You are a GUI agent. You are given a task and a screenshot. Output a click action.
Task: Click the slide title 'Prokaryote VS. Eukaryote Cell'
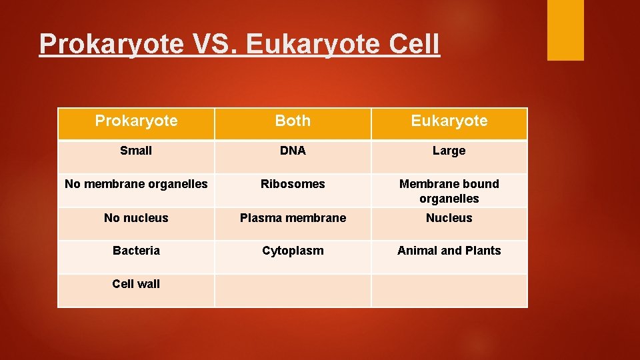(x=239, y=44)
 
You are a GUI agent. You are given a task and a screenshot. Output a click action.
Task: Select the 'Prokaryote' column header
(x=136, y=121)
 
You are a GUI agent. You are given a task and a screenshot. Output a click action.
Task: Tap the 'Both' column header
(x=293, y=121)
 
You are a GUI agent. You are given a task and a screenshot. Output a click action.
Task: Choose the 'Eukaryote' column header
(x=449, y=121)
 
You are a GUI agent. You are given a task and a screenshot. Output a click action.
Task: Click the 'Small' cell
(x=136, y=151)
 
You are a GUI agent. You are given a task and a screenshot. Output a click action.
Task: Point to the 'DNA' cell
(x=293, y=151)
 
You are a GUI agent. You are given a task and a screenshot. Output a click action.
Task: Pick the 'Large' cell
(x=449, y=151)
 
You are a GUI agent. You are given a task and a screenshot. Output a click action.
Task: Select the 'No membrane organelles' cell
(x=136, y=184)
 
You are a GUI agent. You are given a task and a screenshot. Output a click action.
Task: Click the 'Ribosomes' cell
(x=293, y=184)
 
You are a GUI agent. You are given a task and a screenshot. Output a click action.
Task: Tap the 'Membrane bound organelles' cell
(x=449, y=191)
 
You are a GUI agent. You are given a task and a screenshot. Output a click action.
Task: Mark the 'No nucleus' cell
(x=136, y=218)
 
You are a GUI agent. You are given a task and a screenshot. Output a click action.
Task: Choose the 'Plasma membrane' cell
(x=293, y=218)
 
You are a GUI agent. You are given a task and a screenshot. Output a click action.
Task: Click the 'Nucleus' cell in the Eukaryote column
(x=449, y=218)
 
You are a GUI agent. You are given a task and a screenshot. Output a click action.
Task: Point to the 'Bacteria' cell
(x=136, y=251)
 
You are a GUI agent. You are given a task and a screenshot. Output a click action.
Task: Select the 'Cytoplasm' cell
(x=293, y=251)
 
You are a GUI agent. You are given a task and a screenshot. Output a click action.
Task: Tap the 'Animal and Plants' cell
(x=449, y=251)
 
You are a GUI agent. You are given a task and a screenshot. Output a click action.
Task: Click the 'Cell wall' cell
(x=136, y=284)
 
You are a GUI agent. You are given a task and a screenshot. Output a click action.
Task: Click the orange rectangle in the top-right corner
(x=565, y=29)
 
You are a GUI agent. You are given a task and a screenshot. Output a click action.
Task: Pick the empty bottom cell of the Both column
(x=293, y=291)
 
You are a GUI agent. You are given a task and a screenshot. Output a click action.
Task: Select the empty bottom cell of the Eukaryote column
(x=449, y=291)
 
